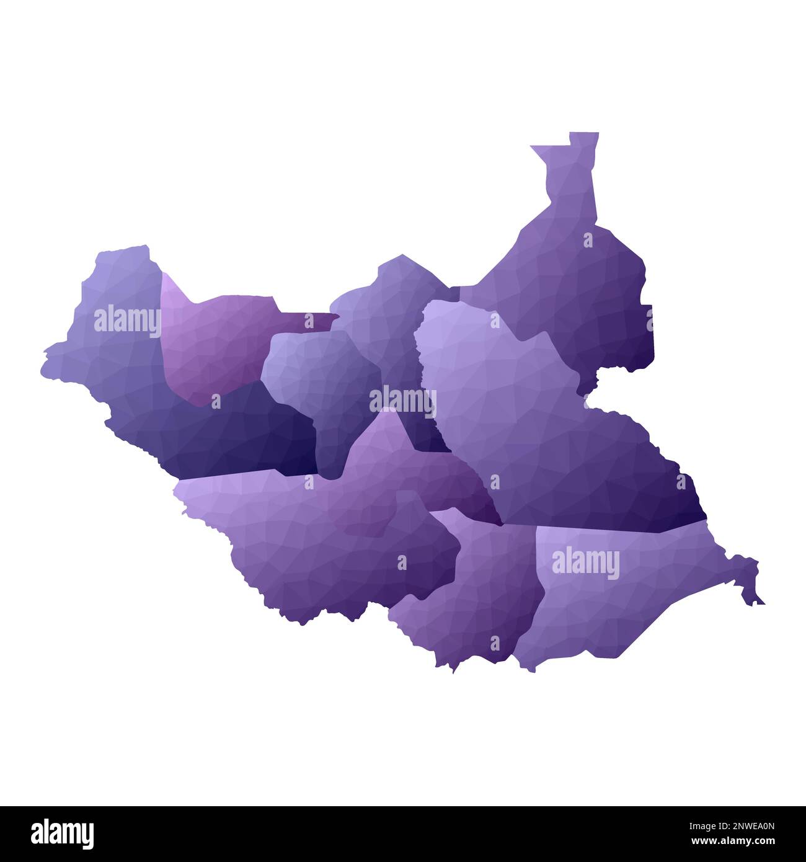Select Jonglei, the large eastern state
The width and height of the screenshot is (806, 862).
546,434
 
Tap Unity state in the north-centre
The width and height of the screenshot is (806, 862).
391,310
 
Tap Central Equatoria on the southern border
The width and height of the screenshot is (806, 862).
477,595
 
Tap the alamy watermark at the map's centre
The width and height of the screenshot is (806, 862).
402,400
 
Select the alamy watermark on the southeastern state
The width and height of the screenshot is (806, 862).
585,564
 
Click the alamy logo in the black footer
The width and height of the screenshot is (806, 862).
62,832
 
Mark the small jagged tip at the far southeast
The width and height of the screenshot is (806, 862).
757,600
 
